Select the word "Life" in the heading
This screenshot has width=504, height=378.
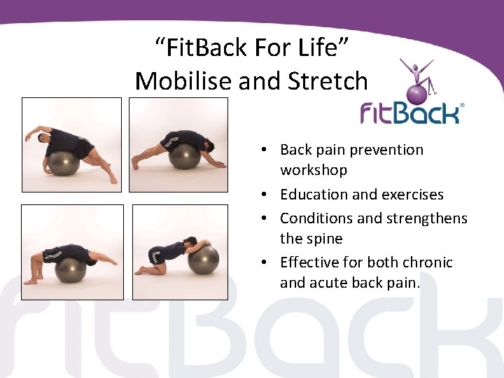[x=325, y=48]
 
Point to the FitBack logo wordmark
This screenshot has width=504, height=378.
[x=411, y=113]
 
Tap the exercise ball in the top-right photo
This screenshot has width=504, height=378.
[x=185, y=155]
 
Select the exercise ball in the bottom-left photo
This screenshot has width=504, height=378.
[x=71, y=269]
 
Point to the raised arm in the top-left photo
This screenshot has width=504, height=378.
[x=36, y=133]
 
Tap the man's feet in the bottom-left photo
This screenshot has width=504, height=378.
[x=30, y=281]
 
